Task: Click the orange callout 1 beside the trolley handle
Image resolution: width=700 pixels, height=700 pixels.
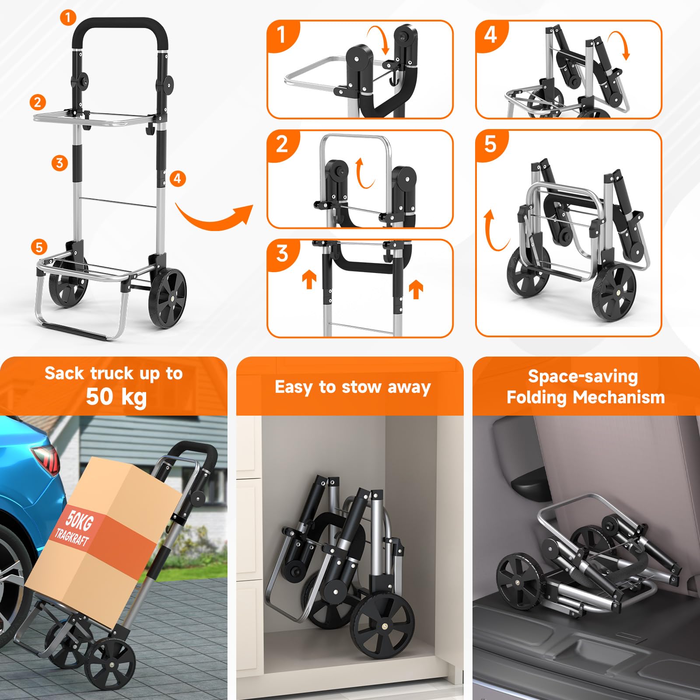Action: coord(68,18)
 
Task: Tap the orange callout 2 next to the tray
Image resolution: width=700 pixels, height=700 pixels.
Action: coord(38,102)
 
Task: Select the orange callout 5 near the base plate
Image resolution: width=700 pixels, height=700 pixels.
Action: coord(39,247)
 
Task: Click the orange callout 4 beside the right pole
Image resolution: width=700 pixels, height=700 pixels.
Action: coord(177,178)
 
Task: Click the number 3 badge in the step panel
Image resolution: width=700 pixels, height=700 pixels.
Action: coord(283,253)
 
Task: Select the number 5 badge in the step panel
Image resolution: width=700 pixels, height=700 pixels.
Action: coord(490,144)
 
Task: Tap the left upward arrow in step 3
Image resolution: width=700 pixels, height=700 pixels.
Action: coord(309,279)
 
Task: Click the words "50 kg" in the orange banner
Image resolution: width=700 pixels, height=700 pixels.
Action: coord(116,397)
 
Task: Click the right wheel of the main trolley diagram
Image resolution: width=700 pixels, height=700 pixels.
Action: coord(168,298)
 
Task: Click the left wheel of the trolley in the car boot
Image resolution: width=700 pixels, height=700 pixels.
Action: coord(519,581)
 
